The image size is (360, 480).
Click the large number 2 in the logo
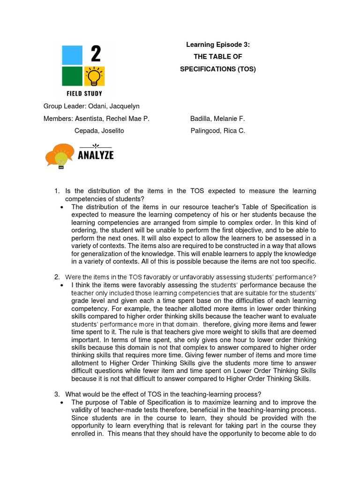click(96, 55)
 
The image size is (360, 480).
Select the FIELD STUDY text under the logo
click(85, 94)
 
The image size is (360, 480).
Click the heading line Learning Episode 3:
click(218, 45)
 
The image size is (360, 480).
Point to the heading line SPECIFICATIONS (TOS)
click(218, 69)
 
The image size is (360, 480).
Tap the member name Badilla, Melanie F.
click(217, 119)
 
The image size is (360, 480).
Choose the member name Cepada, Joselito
click(99, 131)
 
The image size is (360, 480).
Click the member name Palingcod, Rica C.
click(217, 131)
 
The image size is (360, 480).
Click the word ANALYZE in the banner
click(96, 155)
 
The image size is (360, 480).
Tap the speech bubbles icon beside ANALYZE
click(59, 155)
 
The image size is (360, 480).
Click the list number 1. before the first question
click(57, 191)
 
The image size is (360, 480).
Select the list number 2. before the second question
click(57, 277)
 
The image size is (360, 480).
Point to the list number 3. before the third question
click(57, 394)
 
